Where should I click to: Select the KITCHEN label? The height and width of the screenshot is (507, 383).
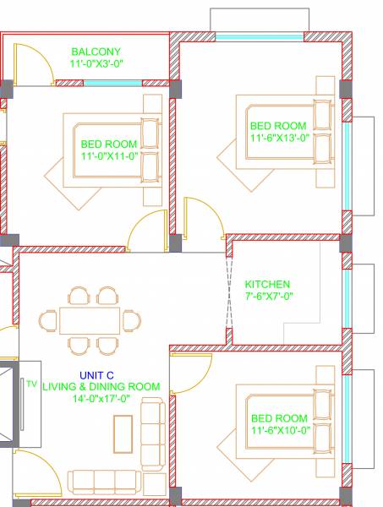pyautogui.click(x=267, y=284)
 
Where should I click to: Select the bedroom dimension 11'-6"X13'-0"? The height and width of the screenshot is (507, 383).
pyautogui.click(x=280, y=137)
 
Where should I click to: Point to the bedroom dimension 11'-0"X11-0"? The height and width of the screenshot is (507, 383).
pyautogui.click(x=109, y=156)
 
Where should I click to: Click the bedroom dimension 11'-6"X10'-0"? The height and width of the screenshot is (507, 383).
pyautogui.click(x=280, y=430)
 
